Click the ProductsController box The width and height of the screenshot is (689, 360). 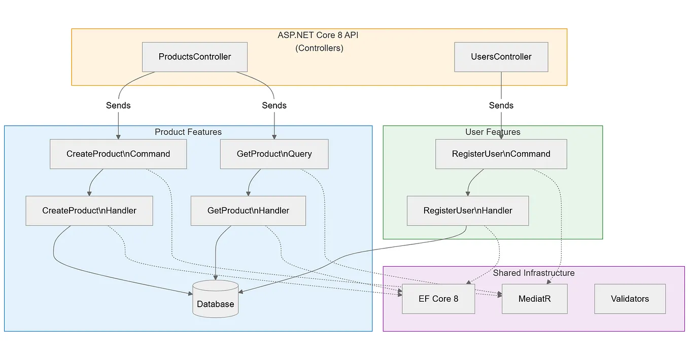click(194, 57)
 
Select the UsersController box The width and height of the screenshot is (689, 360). click(501, 57)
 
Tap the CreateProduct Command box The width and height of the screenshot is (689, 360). click(118, 154)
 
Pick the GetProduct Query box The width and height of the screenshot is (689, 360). click(274, 154)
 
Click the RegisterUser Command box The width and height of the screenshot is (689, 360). click(501, 154)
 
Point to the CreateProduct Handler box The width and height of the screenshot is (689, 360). click(89, 210)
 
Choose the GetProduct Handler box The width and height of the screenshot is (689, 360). click(248, 210)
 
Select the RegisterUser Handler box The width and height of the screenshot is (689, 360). click(467, 210)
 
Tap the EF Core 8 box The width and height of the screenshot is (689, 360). click(438, 299)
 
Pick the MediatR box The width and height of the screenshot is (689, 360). click(534, 299)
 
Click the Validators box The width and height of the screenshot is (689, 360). click(630, 299)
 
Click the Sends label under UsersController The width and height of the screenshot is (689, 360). click(501, 105)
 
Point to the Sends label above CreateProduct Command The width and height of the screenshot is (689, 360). click(118, 105)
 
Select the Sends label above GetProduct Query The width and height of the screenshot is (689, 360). click(274, 105)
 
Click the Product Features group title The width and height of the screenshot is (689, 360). click(188, 132)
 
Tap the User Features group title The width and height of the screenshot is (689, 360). click(493, 132)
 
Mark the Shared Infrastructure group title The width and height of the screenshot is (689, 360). click(534, 273)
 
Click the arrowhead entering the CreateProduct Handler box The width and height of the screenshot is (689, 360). click(89, 194)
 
